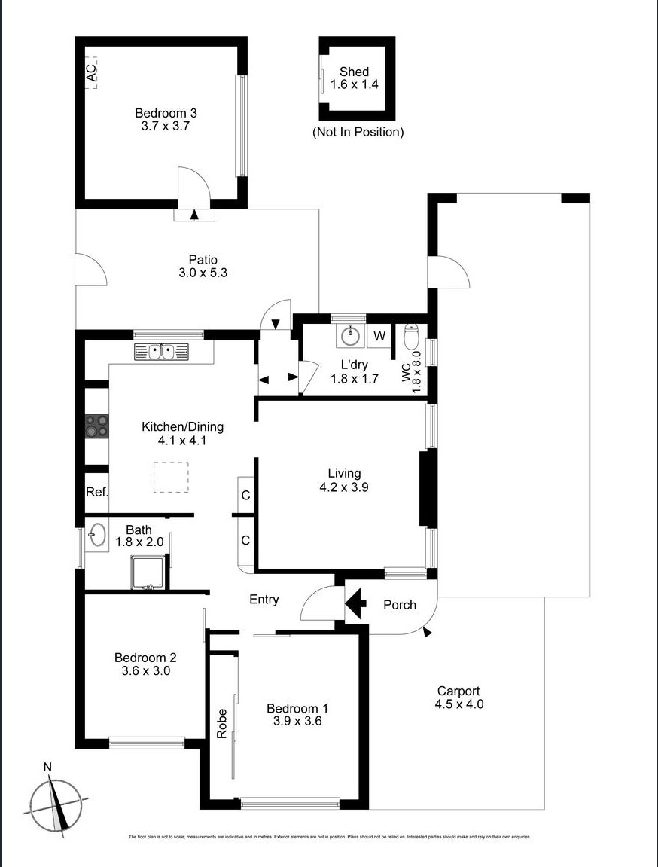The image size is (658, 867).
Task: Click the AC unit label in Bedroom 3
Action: click(91, 73)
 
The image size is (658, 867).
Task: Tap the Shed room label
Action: click(354, 72)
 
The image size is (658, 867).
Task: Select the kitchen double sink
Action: click(161, 352)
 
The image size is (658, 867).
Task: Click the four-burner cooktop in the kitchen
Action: click(96, 426)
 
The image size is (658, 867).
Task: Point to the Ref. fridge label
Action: click(96, 492)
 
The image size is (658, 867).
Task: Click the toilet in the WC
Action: click(412, 336)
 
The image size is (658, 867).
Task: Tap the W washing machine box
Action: click(379, 336)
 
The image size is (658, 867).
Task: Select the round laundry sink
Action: click(350, 336)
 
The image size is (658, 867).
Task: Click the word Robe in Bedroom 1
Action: click(222, 723)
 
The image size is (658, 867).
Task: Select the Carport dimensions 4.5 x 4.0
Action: click(458, 704)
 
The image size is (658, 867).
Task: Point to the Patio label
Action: click(203, 259)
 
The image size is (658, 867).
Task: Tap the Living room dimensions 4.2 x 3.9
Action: click(343, 487)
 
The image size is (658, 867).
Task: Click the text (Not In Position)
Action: click(358, 132)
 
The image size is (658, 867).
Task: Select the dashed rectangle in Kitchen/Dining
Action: click(171, 477)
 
